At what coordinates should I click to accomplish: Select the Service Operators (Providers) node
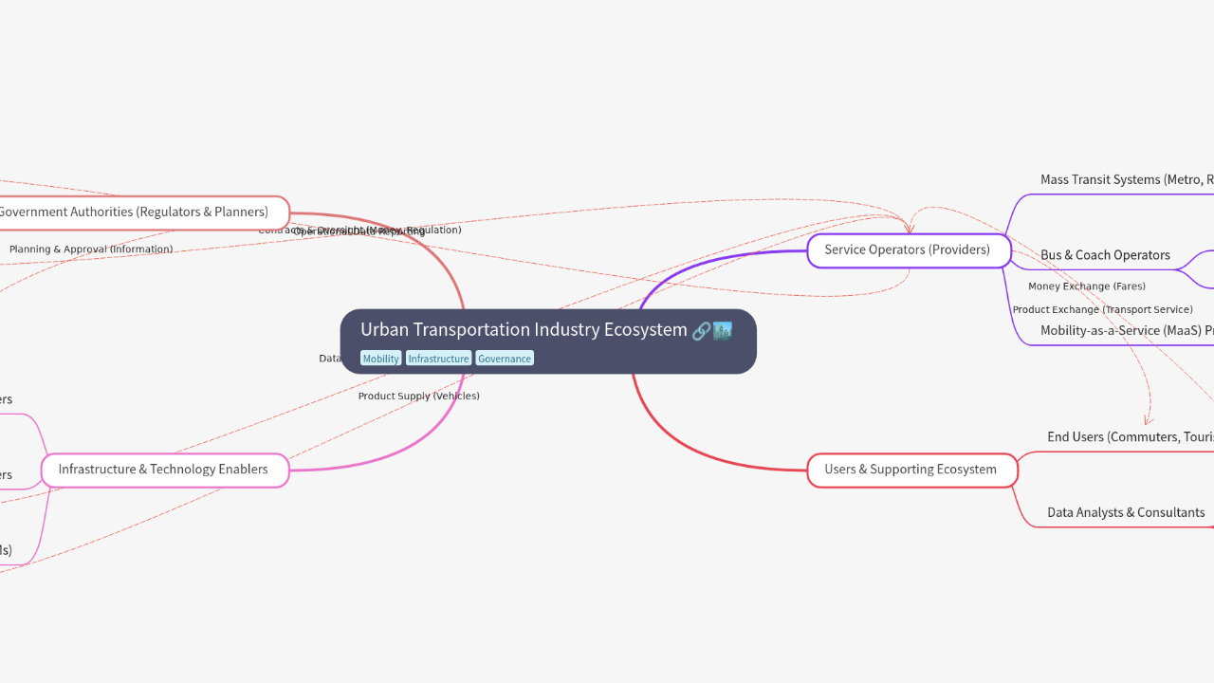(908, 250)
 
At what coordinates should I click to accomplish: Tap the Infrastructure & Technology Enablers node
(163, 470)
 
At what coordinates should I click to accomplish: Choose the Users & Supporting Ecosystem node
(910, 470)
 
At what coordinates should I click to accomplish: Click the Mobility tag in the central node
(380, 359)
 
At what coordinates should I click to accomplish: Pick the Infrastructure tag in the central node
(438, 359)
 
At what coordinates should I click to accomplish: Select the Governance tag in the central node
(505, 359)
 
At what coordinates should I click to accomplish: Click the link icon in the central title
(701, 331)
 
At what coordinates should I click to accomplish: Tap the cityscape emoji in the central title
(723, 331)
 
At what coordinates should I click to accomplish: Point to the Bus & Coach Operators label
(1105, 255)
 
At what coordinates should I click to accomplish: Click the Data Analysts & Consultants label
(1126, 512)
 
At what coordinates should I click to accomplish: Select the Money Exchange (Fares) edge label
(1087, 286)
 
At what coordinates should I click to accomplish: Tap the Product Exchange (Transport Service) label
(1102, 309)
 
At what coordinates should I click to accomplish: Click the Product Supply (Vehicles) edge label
(418, 396)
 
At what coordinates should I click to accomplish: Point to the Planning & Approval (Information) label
(91, 249)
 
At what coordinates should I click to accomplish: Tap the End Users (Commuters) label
(1130, 437)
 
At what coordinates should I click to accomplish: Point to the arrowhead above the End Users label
(1148, 419)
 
